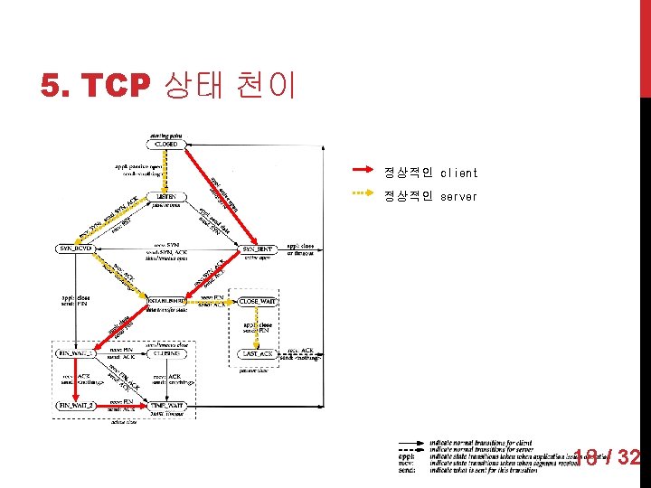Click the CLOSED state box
click(165, 144)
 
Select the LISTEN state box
click(165, 196)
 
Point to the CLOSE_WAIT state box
click(259, 300)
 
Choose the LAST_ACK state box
click(259, 354)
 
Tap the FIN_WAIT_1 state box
click(75, 353)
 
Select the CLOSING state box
click(167, 353)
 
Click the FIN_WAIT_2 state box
click(75, 406)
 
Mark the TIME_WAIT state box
click(167, 406)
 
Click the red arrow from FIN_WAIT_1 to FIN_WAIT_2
click(75, 380)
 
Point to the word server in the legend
click(458, 196)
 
